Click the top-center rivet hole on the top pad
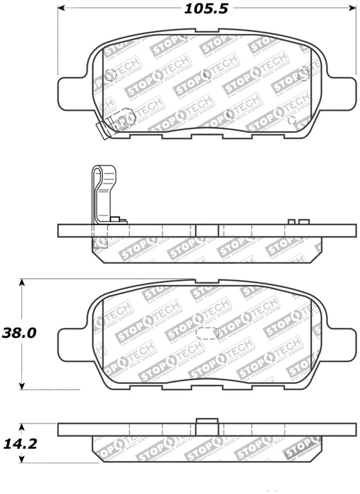coord(204,74)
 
